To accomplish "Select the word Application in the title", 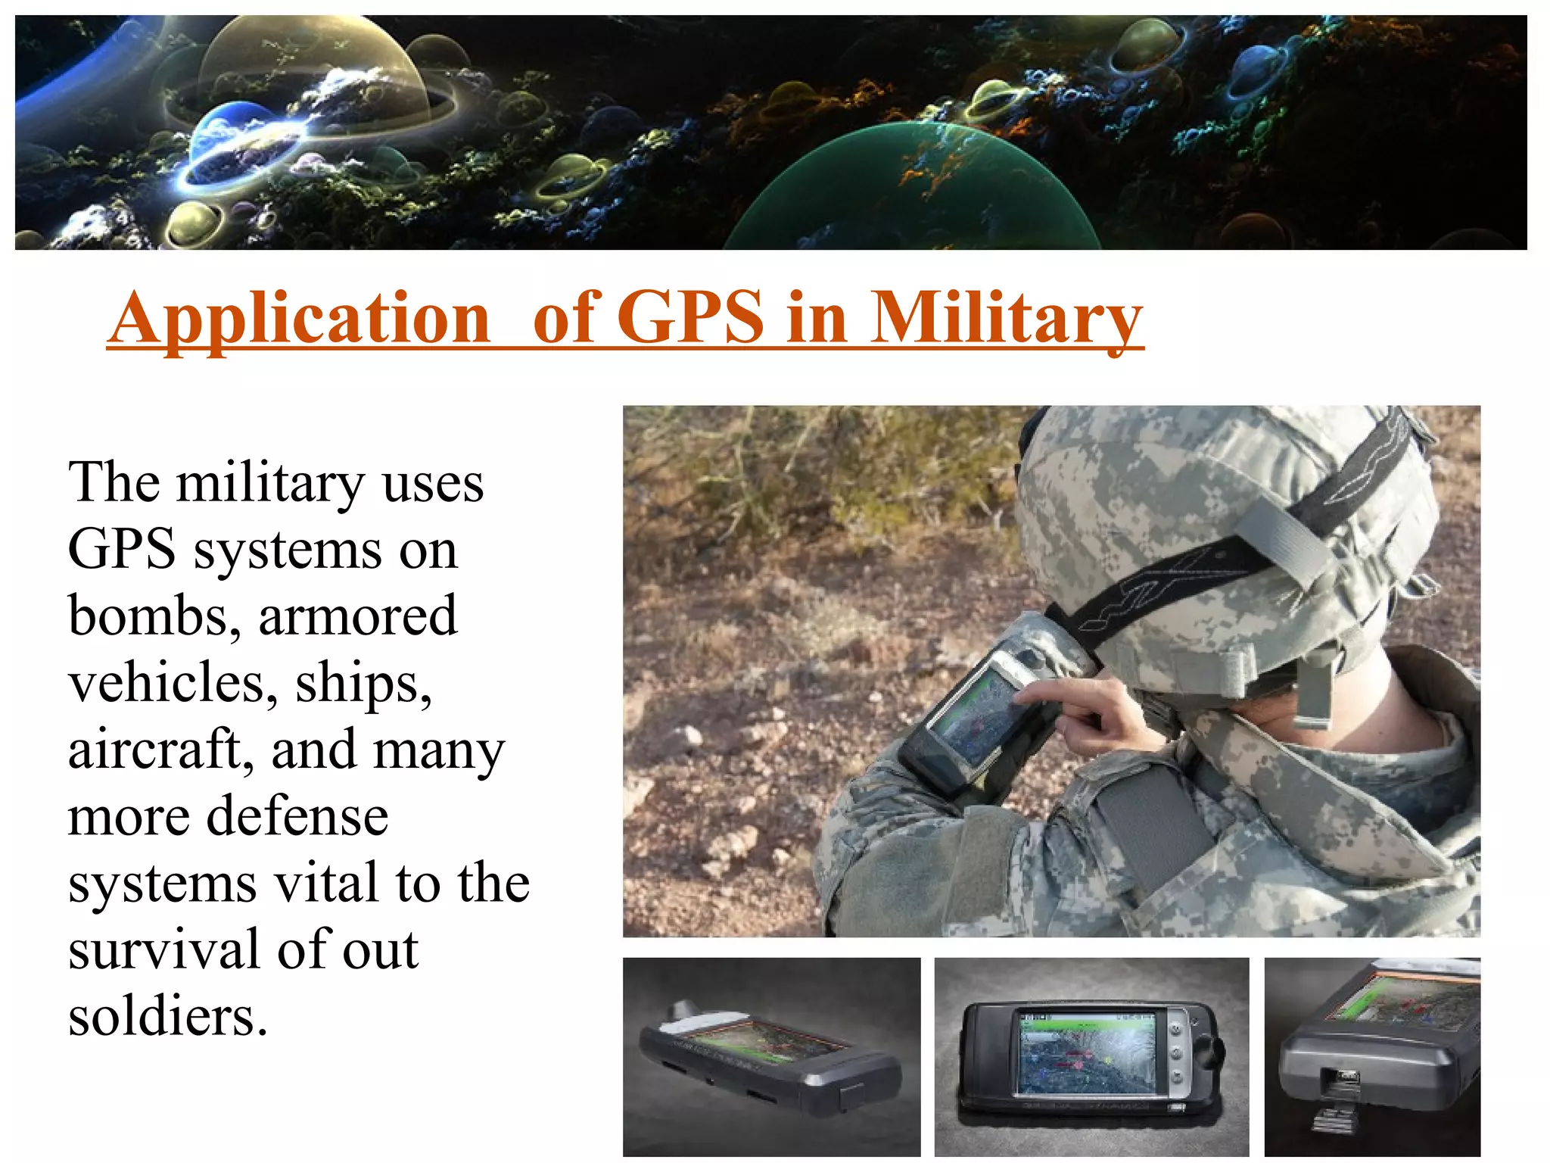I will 300,319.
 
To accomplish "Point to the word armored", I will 358,616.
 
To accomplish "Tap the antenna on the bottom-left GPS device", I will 684,1011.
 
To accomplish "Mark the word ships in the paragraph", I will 363,683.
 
